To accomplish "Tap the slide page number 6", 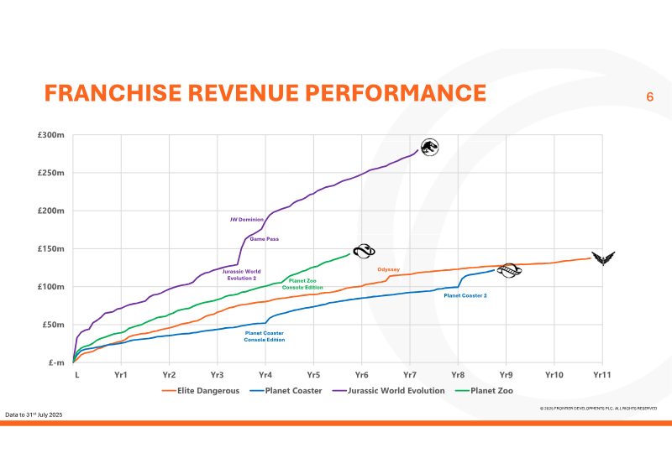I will [649, 96].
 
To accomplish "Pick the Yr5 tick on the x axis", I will [313, 375].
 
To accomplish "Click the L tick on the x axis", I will [76, 375].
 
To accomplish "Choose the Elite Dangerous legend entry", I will [207, 390].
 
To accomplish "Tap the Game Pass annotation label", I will [265, 239].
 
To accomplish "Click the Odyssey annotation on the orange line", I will [388, 269].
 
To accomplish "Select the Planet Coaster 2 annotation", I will [465, 295].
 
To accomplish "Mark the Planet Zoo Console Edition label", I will [302, 284].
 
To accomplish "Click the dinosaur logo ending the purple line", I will [429, 148].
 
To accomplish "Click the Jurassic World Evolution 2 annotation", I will [240, 274].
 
